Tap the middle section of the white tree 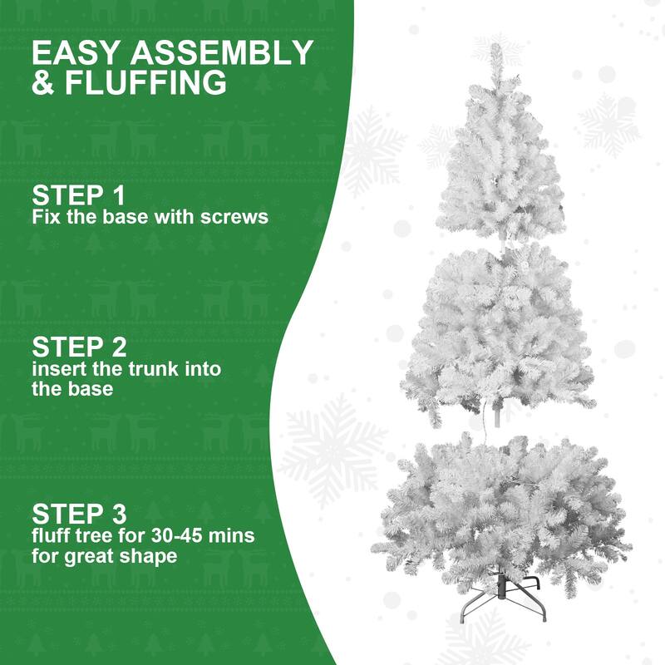(x=499, y=332)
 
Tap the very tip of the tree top (x=496, y=48)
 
